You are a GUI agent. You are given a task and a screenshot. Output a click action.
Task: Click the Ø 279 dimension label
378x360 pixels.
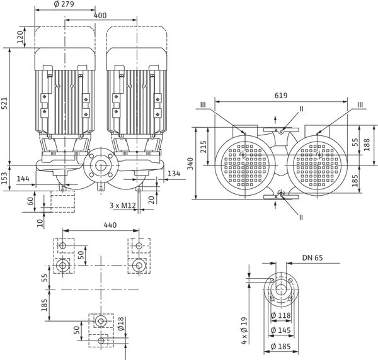(65, 5)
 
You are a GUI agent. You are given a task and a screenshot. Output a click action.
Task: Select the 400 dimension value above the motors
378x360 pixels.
(99, 14)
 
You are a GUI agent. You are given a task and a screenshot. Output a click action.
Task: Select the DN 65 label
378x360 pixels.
(312, 258)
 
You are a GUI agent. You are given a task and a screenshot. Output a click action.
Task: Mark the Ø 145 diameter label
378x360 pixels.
(281, 330)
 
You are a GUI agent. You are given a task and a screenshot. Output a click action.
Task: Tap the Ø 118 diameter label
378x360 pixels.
(281, 315)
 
